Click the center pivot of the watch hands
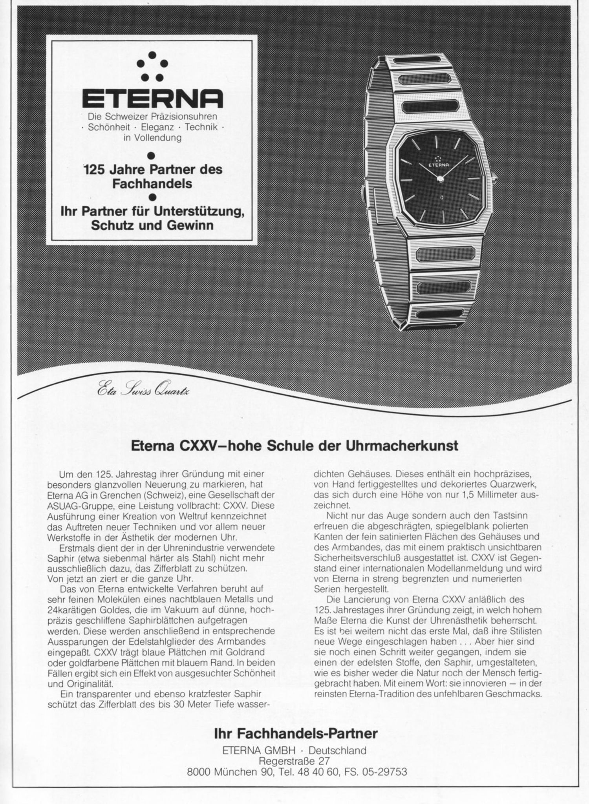click(440, 179)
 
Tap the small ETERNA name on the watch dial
click(438, 165)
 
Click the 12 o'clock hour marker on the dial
click(437, 143)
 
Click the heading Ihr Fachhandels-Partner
click(296, 733)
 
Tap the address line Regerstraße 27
click(294, 761)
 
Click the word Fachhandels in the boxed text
click(152, 183)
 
